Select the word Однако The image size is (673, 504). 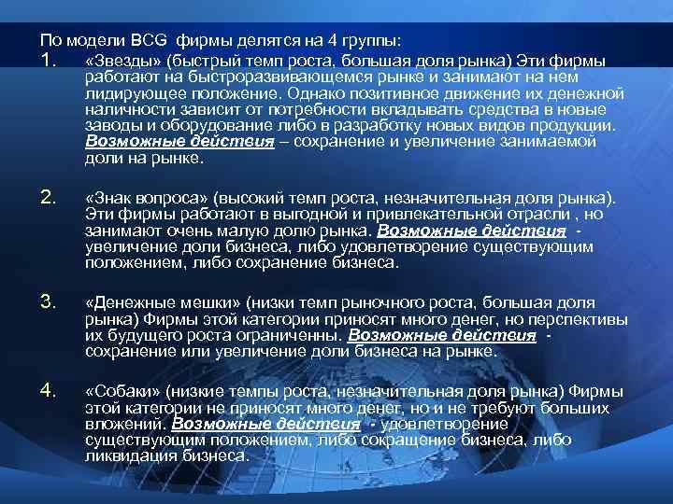pyautogui.click(x=317, y=94)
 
